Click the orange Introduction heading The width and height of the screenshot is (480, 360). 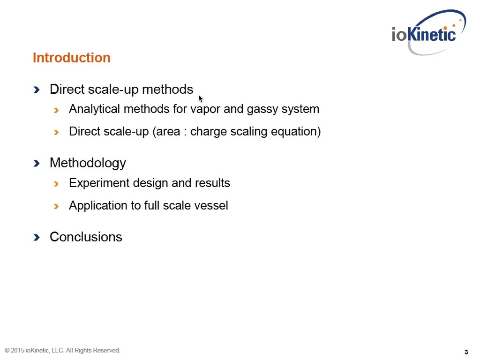[71, 58]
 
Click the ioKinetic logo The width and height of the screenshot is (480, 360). [428, 32]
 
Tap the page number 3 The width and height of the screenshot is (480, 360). [466, 352]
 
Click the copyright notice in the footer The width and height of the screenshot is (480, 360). [62, 350]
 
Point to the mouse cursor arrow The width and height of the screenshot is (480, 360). [201, 98]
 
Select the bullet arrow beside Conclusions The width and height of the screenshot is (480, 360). [37, 237]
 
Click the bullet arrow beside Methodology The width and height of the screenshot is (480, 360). [37, 163]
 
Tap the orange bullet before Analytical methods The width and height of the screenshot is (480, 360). [56, 110]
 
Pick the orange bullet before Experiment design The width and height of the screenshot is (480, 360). [56, 184]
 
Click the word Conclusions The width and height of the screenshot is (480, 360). [86, 237]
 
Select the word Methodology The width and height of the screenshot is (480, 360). [88, 163]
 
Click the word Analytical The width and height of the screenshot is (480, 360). [94, 109]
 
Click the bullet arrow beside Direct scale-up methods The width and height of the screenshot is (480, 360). [37, 90]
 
